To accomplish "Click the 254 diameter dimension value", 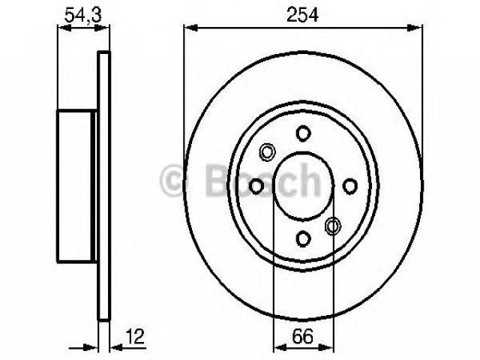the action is pos(302,14).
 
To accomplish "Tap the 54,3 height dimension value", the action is pos(83,14).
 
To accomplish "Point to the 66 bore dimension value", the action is pos(303,336).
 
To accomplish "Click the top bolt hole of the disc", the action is pos(303,133).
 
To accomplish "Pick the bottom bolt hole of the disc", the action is pos(303,238).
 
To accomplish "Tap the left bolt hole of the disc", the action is pos(256,186).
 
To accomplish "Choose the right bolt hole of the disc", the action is pos(349,186).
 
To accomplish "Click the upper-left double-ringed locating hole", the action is pos(267,151).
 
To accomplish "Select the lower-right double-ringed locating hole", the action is pos(333,226).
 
